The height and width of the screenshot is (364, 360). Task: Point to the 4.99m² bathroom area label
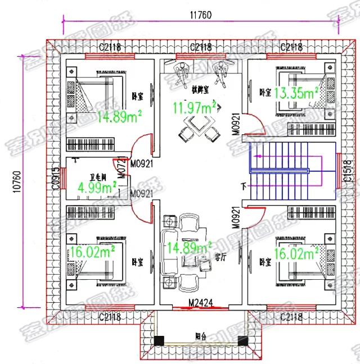click(97, 186)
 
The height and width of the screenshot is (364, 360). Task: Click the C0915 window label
click(56, 179)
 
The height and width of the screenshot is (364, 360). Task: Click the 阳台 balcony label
click(201, 337)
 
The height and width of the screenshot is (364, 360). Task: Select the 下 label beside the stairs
click(243, 185)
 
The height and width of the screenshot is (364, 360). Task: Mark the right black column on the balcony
click(243, 340)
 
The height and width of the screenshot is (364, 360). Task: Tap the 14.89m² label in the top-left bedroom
click(119, 116)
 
